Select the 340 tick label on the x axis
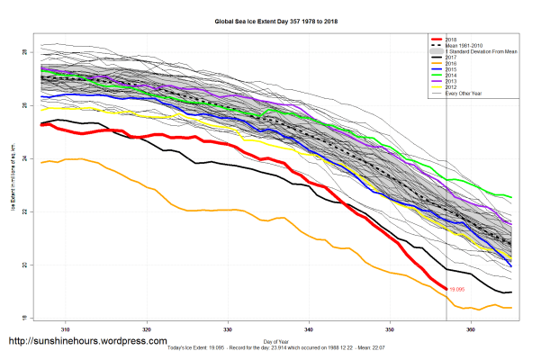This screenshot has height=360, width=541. pos(310,330)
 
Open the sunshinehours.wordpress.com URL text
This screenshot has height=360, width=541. pos(87,342)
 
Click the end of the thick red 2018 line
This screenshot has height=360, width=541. pos(447,289)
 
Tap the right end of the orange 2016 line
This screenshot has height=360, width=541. pos(512,308)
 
